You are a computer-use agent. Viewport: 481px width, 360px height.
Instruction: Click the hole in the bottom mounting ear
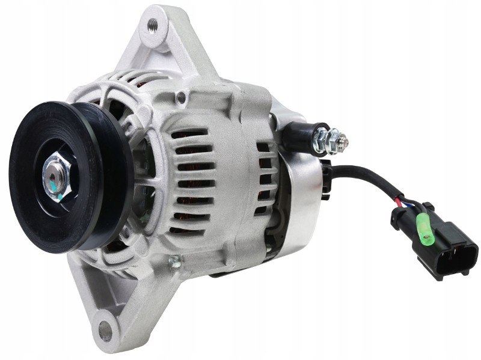[105, 330]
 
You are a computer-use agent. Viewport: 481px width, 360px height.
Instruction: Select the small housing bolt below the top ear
[181, 96]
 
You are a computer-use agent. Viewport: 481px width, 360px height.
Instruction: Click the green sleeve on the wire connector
[425, 231]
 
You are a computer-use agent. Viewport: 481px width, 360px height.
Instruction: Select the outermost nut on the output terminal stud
[332, 141]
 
